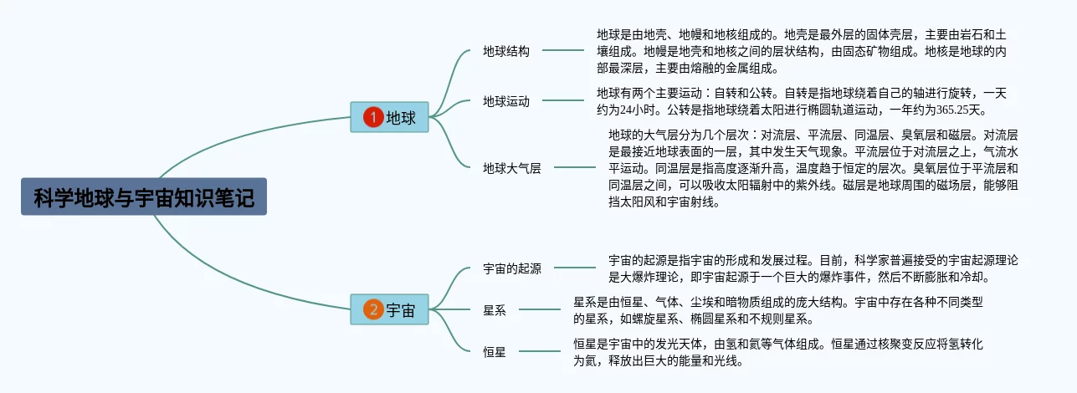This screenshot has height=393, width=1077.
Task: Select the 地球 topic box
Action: tap(389, 118)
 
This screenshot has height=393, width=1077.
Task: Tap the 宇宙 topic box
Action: tap(389, 309)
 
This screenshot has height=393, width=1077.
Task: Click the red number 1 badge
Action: tap(372, 118)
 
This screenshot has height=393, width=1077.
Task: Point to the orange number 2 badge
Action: tap(372, 309)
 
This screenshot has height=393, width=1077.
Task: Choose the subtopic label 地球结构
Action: tap(506, 51)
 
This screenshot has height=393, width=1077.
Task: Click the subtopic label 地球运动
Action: tap(506, 101)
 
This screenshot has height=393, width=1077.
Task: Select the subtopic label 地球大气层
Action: tap(512, 168)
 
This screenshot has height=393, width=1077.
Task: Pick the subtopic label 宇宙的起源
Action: tap(512, 268)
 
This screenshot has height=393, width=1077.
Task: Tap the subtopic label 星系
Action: tap(495, 310)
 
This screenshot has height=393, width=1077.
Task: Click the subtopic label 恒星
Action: tap(495, 352)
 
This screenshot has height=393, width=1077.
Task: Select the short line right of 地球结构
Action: tap(553, 51)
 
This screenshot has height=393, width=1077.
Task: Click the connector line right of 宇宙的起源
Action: tap(575, 268)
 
